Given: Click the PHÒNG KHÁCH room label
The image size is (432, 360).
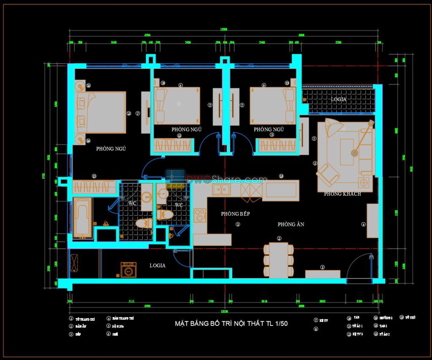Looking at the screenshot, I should (342, 194).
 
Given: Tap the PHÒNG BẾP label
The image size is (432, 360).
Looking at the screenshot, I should (235, 214).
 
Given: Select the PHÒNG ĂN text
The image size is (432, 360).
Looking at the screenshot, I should (291, 225).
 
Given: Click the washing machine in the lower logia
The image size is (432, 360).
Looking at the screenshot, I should (128, 270).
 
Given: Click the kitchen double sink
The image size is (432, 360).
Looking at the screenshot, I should (220, 190).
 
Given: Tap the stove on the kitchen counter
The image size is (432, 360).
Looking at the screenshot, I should (199, 215).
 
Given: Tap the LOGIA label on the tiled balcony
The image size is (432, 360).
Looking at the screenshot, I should (338, 99).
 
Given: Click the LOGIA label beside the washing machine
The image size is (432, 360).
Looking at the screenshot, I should (157, 266).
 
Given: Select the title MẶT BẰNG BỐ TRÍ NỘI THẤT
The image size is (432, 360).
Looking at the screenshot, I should (231, 324).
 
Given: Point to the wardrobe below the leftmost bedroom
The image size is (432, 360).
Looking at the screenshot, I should (94, 187).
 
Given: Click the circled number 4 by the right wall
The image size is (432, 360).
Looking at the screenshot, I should (364, 225).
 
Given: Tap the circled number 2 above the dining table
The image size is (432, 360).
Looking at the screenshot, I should (279, 239).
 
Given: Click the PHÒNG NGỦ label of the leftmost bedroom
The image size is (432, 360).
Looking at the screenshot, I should (111, 149).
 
